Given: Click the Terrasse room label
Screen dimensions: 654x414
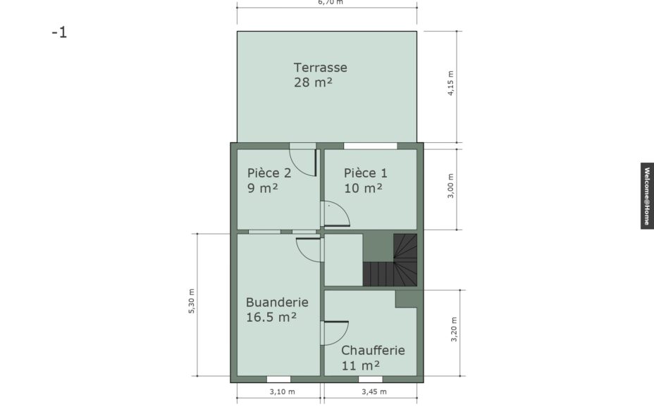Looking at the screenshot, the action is point(321,68).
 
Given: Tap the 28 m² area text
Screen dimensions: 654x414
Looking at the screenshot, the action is point(313,82).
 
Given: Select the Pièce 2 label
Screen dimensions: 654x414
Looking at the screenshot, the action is point(269,172).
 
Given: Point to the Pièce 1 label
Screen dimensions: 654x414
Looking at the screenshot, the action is point(366,172).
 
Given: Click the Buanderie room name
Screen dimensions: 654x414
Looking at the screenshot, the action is point(278,302).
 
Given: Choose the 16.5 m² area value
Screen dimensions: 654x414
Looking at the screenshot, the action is point(271,318).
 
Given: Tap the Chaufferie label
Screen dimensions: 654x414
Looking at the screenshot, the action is point(373,351).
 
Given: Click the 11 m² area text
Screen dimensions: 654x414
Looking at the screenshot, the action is point(361,365).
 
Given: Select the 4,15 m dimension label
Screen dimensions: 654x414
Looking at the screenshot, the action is point(450,83).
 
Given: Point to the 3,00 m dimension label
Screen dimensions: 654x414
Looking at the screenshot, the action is point(450,186).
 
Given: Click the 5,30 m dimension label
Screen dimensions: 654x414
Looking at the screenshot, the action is point(192,301).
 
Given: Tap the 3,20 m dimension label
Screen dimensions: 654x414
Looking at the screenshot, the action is point(454,330).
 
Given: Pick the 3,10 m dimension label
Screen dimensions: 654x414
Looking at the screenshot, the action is point(283,391).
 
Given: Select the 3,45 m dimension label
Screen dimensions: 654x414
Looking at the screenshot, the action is point(374,391).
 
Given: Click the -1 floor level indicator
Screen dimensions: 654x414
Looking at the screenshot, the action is point(59,32).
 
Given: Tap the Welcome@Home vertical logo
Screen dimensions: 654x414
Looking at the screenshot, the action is point(647,196).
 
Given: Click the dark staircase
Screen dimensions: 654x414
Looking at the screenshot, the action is point(390,260).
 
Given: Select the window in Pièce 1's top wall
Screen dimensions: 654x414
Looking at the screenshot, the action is point(371,146).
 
